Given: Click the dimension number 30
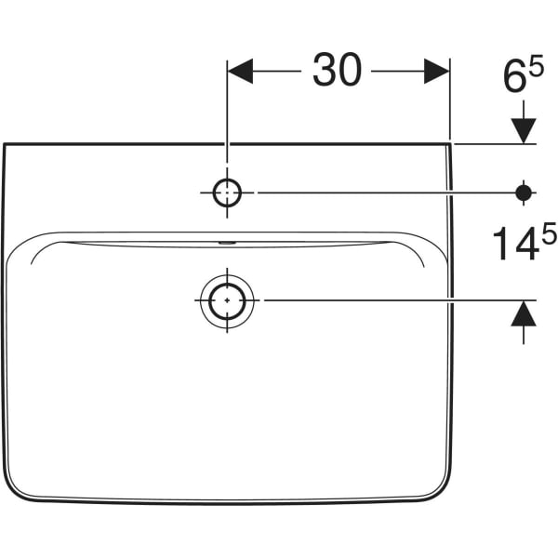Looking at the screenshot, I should [337, 72].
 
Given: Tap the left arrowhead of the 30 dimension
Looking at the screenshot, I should [240, 72].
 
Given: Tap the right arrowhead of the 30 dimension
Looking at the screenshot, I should [437, 72].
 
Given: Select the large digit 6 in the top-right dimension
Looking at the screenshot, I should [515, 78].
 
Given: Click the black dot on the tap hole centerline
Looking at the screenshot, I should [525, 193].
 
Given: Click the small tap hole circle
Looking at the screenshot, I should [227, 193].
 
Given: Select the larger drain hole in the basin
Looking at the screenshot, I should [226, 301].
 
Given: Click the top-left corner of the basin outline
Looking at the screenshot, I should [5, 145].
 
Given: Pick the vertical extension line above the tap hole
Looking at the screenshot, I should [227, 112].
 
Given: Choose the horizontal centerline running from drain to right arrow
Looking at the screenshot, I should [391, 300].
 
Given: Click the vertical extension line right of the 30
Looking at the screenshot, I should [450, 102].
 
